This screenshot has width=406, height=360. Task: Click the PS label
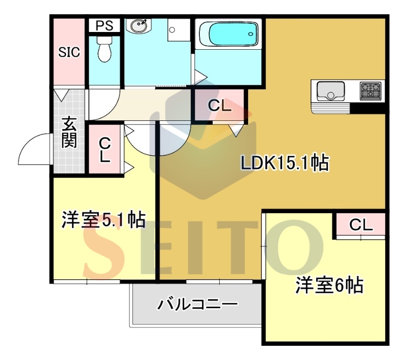(105, 25)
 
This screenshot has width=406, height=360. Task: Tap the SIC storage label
(69, 52)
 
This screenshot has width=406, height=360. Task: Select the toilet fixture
(105, 49)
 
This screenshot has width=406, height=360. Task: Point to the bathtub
(229, 34)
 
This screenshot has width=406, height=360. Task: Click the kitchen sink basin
(331, 91)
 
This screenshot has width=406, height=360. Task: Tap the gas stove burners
(370, 91)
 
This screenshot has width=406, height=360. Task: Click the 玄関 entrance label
(70, 133)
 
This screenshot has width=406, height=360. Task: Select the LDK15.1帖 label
(285, 163)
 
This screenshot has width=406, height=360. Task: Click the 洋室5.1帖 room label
(104, 220)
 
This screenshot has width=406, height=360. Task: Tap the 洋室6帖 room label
(329, 285)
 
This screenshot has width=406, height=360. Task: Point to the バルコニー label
(197, 304)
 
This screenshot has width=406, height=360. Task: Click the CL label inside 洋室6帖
(361, 225)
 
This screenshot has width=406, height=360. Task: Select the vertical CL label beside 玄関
(105, 150)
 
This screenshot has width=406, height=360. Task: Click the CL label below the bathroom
(220, 106)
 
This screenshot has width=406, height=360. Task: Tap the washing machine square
(179, 30)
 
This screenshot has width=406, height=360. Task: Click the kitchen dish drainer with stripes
(331, 108)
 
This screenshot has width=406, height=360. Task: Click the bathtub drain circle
(250, 34)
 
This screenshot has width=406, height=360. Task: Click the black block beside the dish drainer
(367, 108)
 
